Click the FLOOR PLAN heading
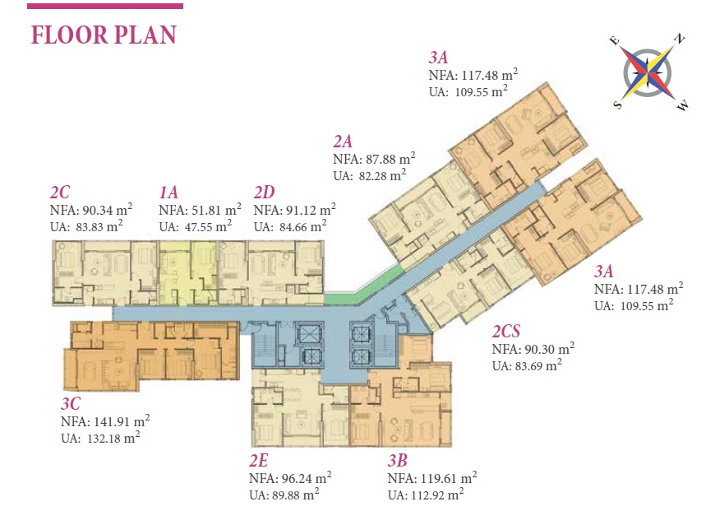coord(104,35)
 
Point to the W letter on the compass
coord(683,106)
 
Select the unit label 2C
coord(60,193)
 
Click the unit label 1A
coord(168,193)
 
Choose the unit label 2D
coord(265,193)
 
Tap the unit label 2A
coord(343,142)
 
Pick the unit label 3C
coord(71,403)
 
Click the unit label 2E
coord(259,461)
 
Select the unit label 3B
coord(398,461)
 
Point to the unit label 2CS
coord(506,332)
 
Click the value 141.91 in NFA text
coord(113,422)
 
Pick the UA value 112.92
coord(430,495)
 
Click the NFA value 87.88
coord(381,160)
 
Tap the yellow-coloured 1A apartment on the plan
coord(187,272)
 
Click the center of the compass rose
coord(648,72)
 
